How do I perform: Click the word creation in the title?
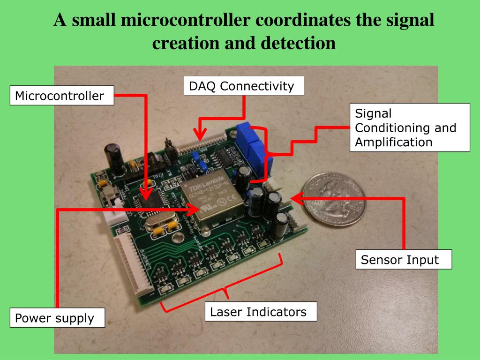180,43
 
